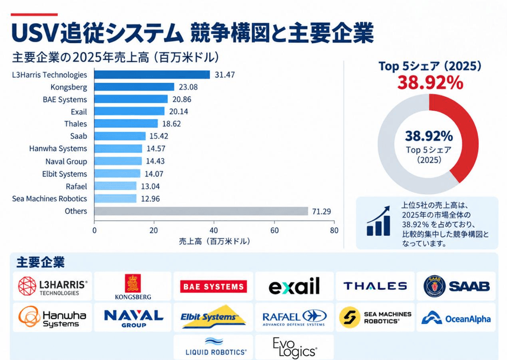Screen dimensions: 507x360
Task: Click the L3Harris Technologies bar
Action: (152, 74)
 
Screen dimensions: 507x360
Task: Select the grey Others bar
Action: (201, 211)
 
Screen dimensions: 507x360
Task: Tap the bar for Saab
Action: (120, 136)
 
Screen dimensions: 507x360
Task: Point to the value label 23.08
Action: (188, 87)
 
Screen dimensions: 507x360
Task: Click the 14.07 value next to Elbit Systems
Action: (154, 174)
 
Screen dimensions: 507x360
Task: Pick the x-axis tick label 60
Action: (275, 230)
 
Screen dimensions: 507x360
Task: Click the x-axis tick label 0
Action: (94, 230)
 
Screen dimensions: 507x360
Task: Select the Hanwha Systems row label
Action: (58, 148)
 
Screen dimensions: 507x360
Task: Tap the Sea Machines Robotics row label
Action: (50, 199)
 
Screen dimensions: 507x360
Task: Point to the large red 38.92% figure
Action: (430, 83)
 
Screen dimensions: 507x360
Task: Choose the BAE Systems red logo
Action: (214, 287)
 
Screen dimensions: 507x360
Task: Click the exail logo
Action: (294, 286)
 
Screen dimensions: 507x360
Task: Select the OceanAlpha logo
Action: (456, 318)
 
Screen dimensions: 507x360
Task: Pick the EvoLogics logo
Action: (294, 348)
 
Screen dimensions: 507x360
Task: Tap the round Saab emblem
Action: (435, 286)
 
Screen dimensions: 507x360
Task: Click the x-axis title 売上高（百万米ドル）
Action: (214, 241)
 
